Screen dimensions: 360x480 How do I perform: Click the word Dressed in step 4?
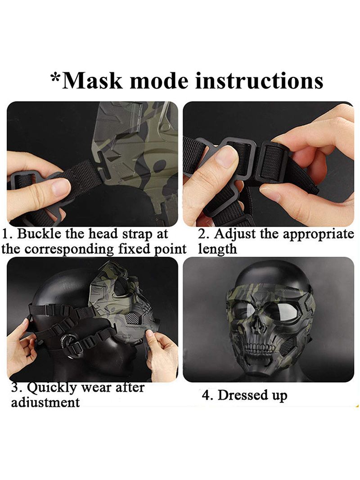click(x=238, y=395)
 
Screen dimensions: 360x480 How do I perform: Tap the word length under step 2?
click(x=217, y=249)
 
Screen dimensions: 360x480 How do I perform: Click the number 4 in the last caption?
click(x=207, y=395)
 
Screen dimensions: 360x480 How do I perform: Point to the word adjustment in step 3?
click(x=45, y=402)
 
